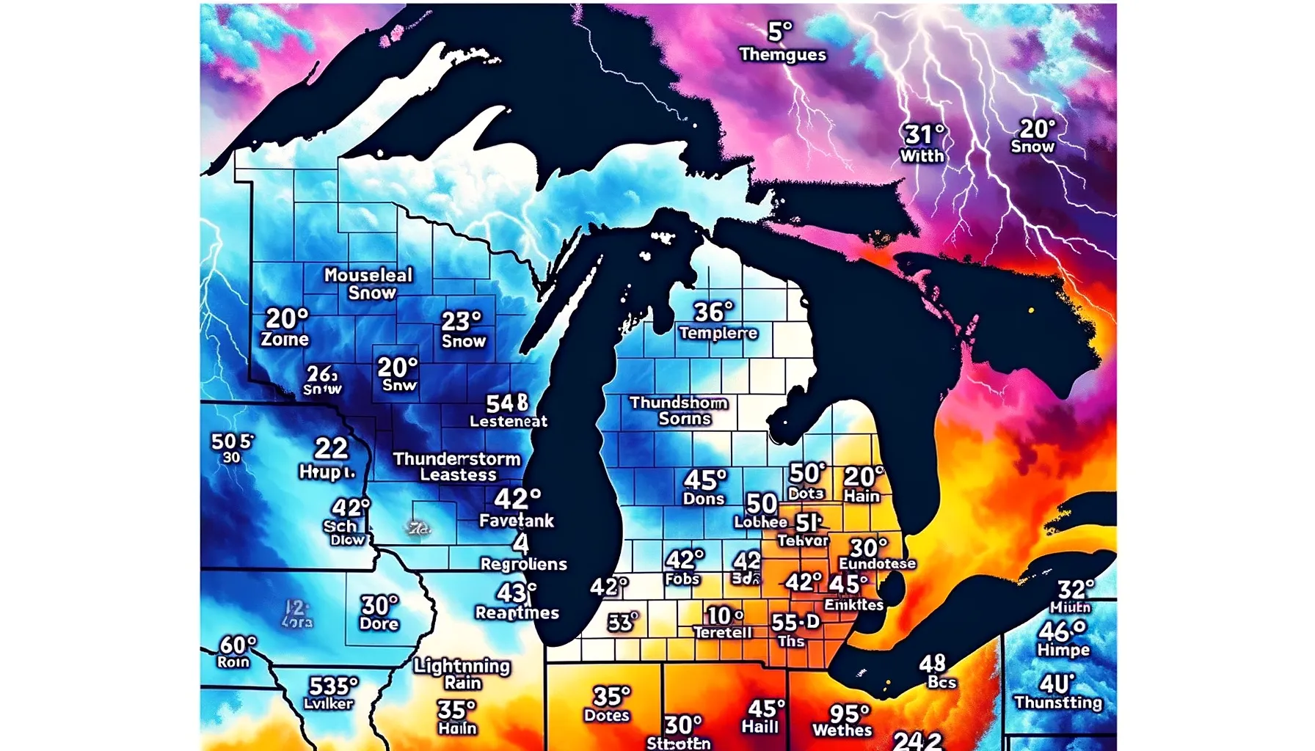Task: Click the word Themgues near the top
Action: click(782, 55)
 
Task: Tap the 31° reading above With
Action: click(923, 135)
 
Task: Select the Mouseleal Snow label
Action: click(369, 284)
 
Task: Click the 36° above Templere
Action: click(713, 312)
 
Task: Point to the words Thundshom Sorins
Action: click(680, 411)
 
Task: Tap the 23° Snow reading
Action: click(462, 329)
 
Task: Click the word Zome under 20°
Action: click(285, 340)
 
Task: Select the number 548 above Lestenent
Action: click(507, 403)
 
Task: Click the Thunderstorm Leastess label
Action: click(456, 466)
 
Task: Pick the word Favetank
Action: click(517, 521)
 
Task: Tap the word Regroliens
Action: click(523, 564)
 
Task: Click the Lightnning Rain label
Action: click(462, 673)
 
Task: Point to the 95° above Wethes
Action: click(849, 713)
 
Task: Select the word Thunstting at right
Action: click(1057, 703)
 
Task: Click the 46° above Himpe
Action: click(1062, 631)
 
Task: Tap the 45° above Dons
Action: click(704, 480)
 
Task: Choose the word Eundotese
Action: click(878, 563)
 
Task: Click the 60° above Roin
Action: click(238, 645)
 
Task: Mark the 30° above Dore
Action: click(379, 605)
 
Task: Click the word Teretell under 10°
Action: click(723, 632)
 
